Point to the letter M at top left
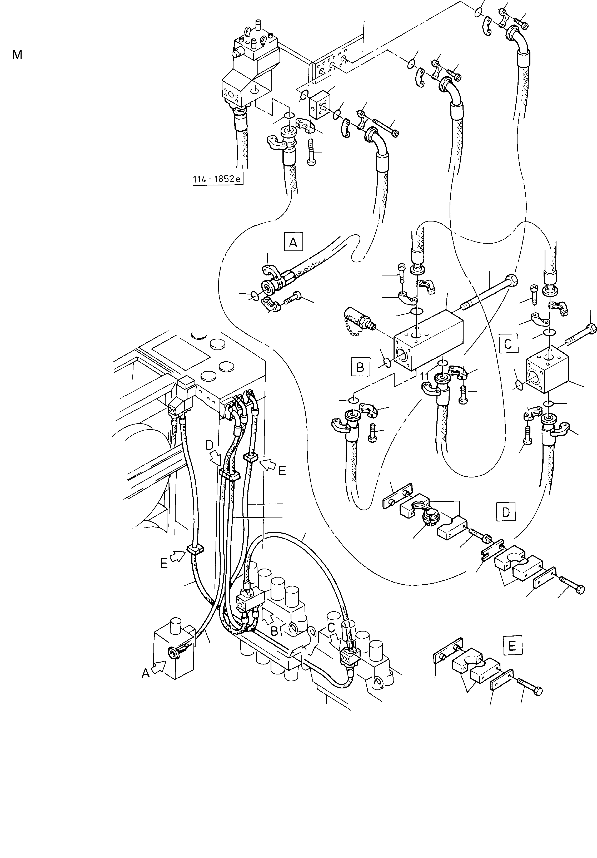pyautogui.click(x=17, y=55)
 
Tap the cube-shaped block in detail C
pyautogui.click(x=547, y=370)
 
